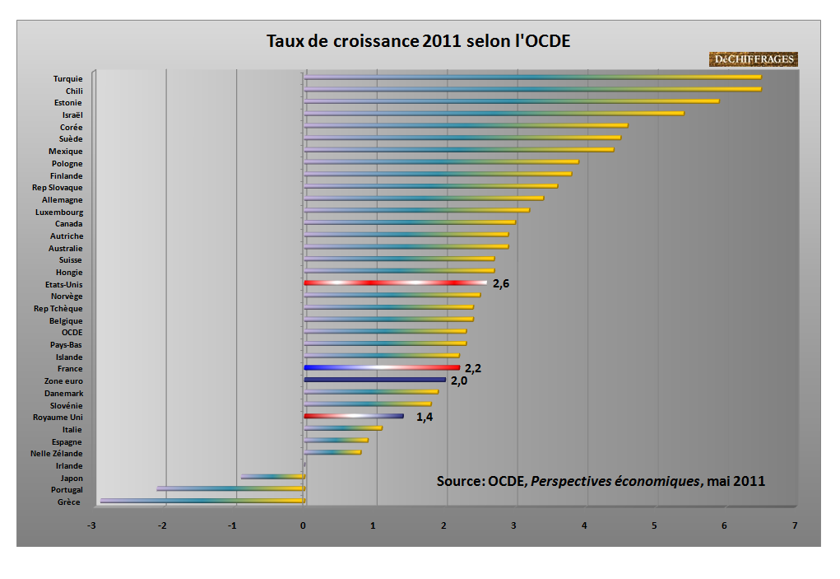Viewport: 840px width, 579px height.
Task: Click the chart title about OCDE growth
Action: [x=418, y=41]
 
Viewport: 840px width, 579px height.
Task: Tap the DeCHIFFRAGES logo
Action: [x=753, y=59]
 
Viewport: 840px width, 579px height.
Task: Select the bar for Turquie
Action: [x=532, y=77]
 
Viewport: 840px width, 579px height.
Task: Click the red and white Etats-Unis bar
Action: [x=395, y=283]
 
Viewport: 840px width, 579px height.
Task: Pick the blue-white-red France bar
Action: [x=382, y=367]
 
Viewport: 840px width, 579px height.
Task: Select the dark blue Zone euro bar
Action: [x=374, y=380]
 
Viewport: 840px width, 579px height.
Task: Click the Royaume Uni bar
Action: [x=354, y=416]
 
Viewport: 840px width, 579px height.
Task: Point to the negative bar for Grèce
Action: [x=202, y=501]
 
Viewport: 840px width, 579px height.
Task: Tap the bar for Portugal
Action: [x=230, y=488]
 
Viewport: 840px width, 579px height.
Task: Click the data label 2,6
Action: [x=500, y=284]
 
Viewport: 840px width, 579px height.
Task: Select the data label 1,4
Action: [x=424, y=417]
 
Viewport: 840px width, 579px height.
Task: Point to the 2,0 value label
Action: [x=458, y=381]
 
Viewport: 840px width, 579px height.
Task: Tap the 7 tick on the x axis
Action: [x=795, y=525]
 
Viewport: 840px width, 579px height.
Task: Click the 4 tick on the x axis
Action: [x=585, y=525]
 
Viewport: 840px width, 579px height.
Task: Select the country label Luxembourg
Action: [x=58, y=212]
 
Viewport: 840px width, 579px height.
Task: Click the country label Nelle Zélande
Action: [x=56, y=454]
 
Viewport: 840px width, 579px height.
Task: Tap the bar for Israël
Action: [x=494, y=114]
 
